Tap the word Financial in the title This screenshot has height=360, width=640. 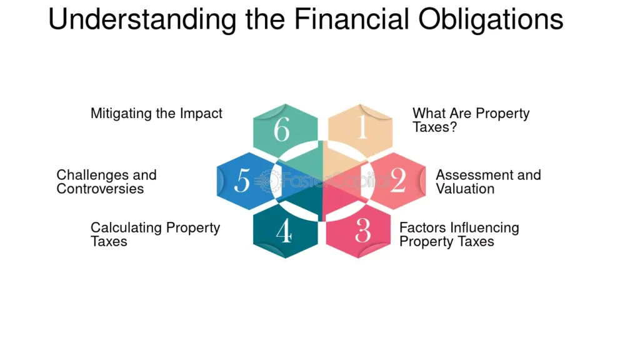click(x=351, y=19)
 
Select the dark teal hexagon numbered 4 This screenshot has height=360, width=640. click(x=285, y=231)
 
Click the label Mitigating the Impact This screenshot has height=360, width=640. click(x=156, y=113)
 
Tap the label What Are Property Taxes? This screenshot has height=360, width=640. click(x=471, y=120)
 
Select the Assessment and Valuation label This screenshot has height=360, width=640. click(x=489, y=182)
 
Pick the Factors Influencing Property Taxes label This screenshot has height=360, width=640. click(x=459, y=234)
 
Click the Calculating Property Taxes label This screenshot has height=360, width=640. click(x=155, y=234)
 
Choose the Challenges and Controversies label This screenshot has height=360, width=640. click(x=106, y=182)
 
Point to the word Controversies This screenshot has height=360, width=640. click(x=100, y=189)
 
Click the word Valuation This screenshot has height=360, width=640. click(x=465, y=189)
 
